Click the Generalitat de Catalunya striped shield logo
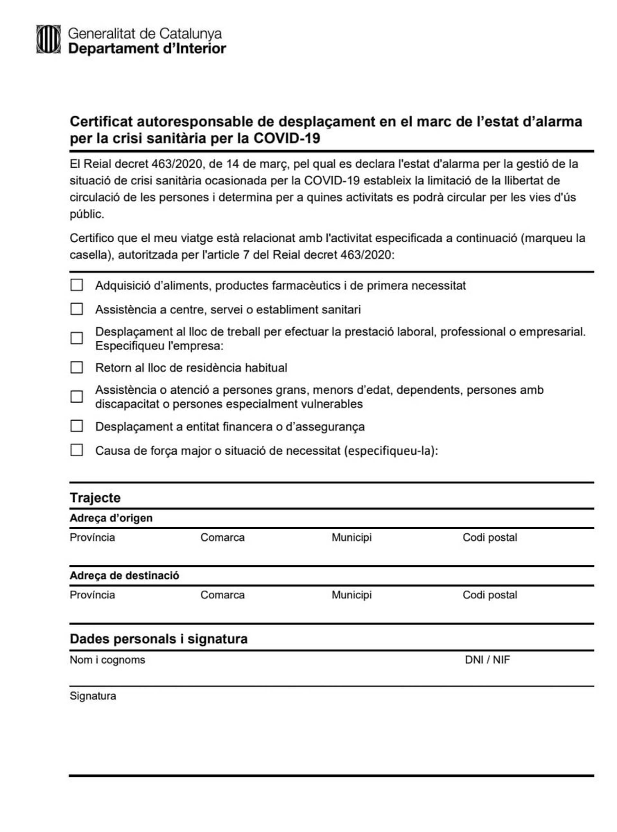tap(48, 39)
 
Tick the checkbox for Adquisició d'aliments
tap(76, 285)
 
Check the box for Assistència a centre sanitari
tap(76, 309)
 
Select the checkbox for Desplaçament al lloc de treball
tap(76, 338)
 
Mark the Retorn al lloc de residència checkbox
tap(76, 367)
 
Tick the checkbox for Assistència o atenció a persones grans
tap(76, 396)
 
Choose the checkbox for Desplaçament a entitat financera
tap(76, 426)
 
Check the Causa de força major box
tap(76, 450)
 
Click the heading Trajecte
tap(95, 498)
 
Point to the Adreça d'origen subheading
tap(111, 518)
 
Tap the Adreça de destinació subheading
tap(124, 576)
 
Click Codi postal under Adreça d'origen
tap(490, 537)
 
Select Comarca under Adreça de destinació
tap(222, 595)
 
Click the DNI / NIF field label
tap(487, 660)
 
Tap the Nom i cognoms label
tap(107, 660)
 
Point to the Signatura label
tap(93, 696)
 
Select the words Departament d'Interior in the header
tap(147, 49)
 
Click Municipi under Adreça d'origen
tap(352, 537)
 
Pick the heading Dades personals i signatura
tap(158, 639)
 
